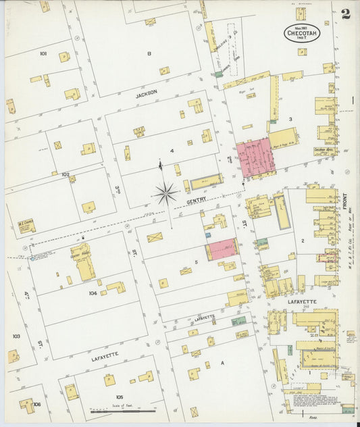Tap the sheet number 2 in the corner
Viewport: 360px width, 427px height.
click(346, 14)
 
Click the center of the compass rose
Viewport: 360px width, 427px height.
click(165, 194)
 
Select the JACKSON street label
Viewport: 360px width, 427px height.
click(146, 94)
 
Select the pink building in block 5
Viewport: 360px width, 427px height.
click(222, 249)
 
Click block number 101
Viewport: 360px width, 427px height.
click(43, 53)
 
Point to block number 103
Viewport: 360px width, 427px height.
click(16, 335)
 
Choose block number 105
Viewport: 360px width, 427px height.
click(119, 397)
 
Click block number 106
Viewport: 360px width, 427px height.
click(36, 404)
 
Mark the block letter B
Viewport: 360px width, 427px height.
click(149, 52)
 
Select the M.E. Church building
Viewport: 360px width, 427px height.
click(27, 226)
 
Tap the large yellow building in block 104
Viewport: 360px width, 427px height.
click(84, 261)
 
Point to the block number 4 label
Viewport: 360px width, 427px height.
click(172, 151)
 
